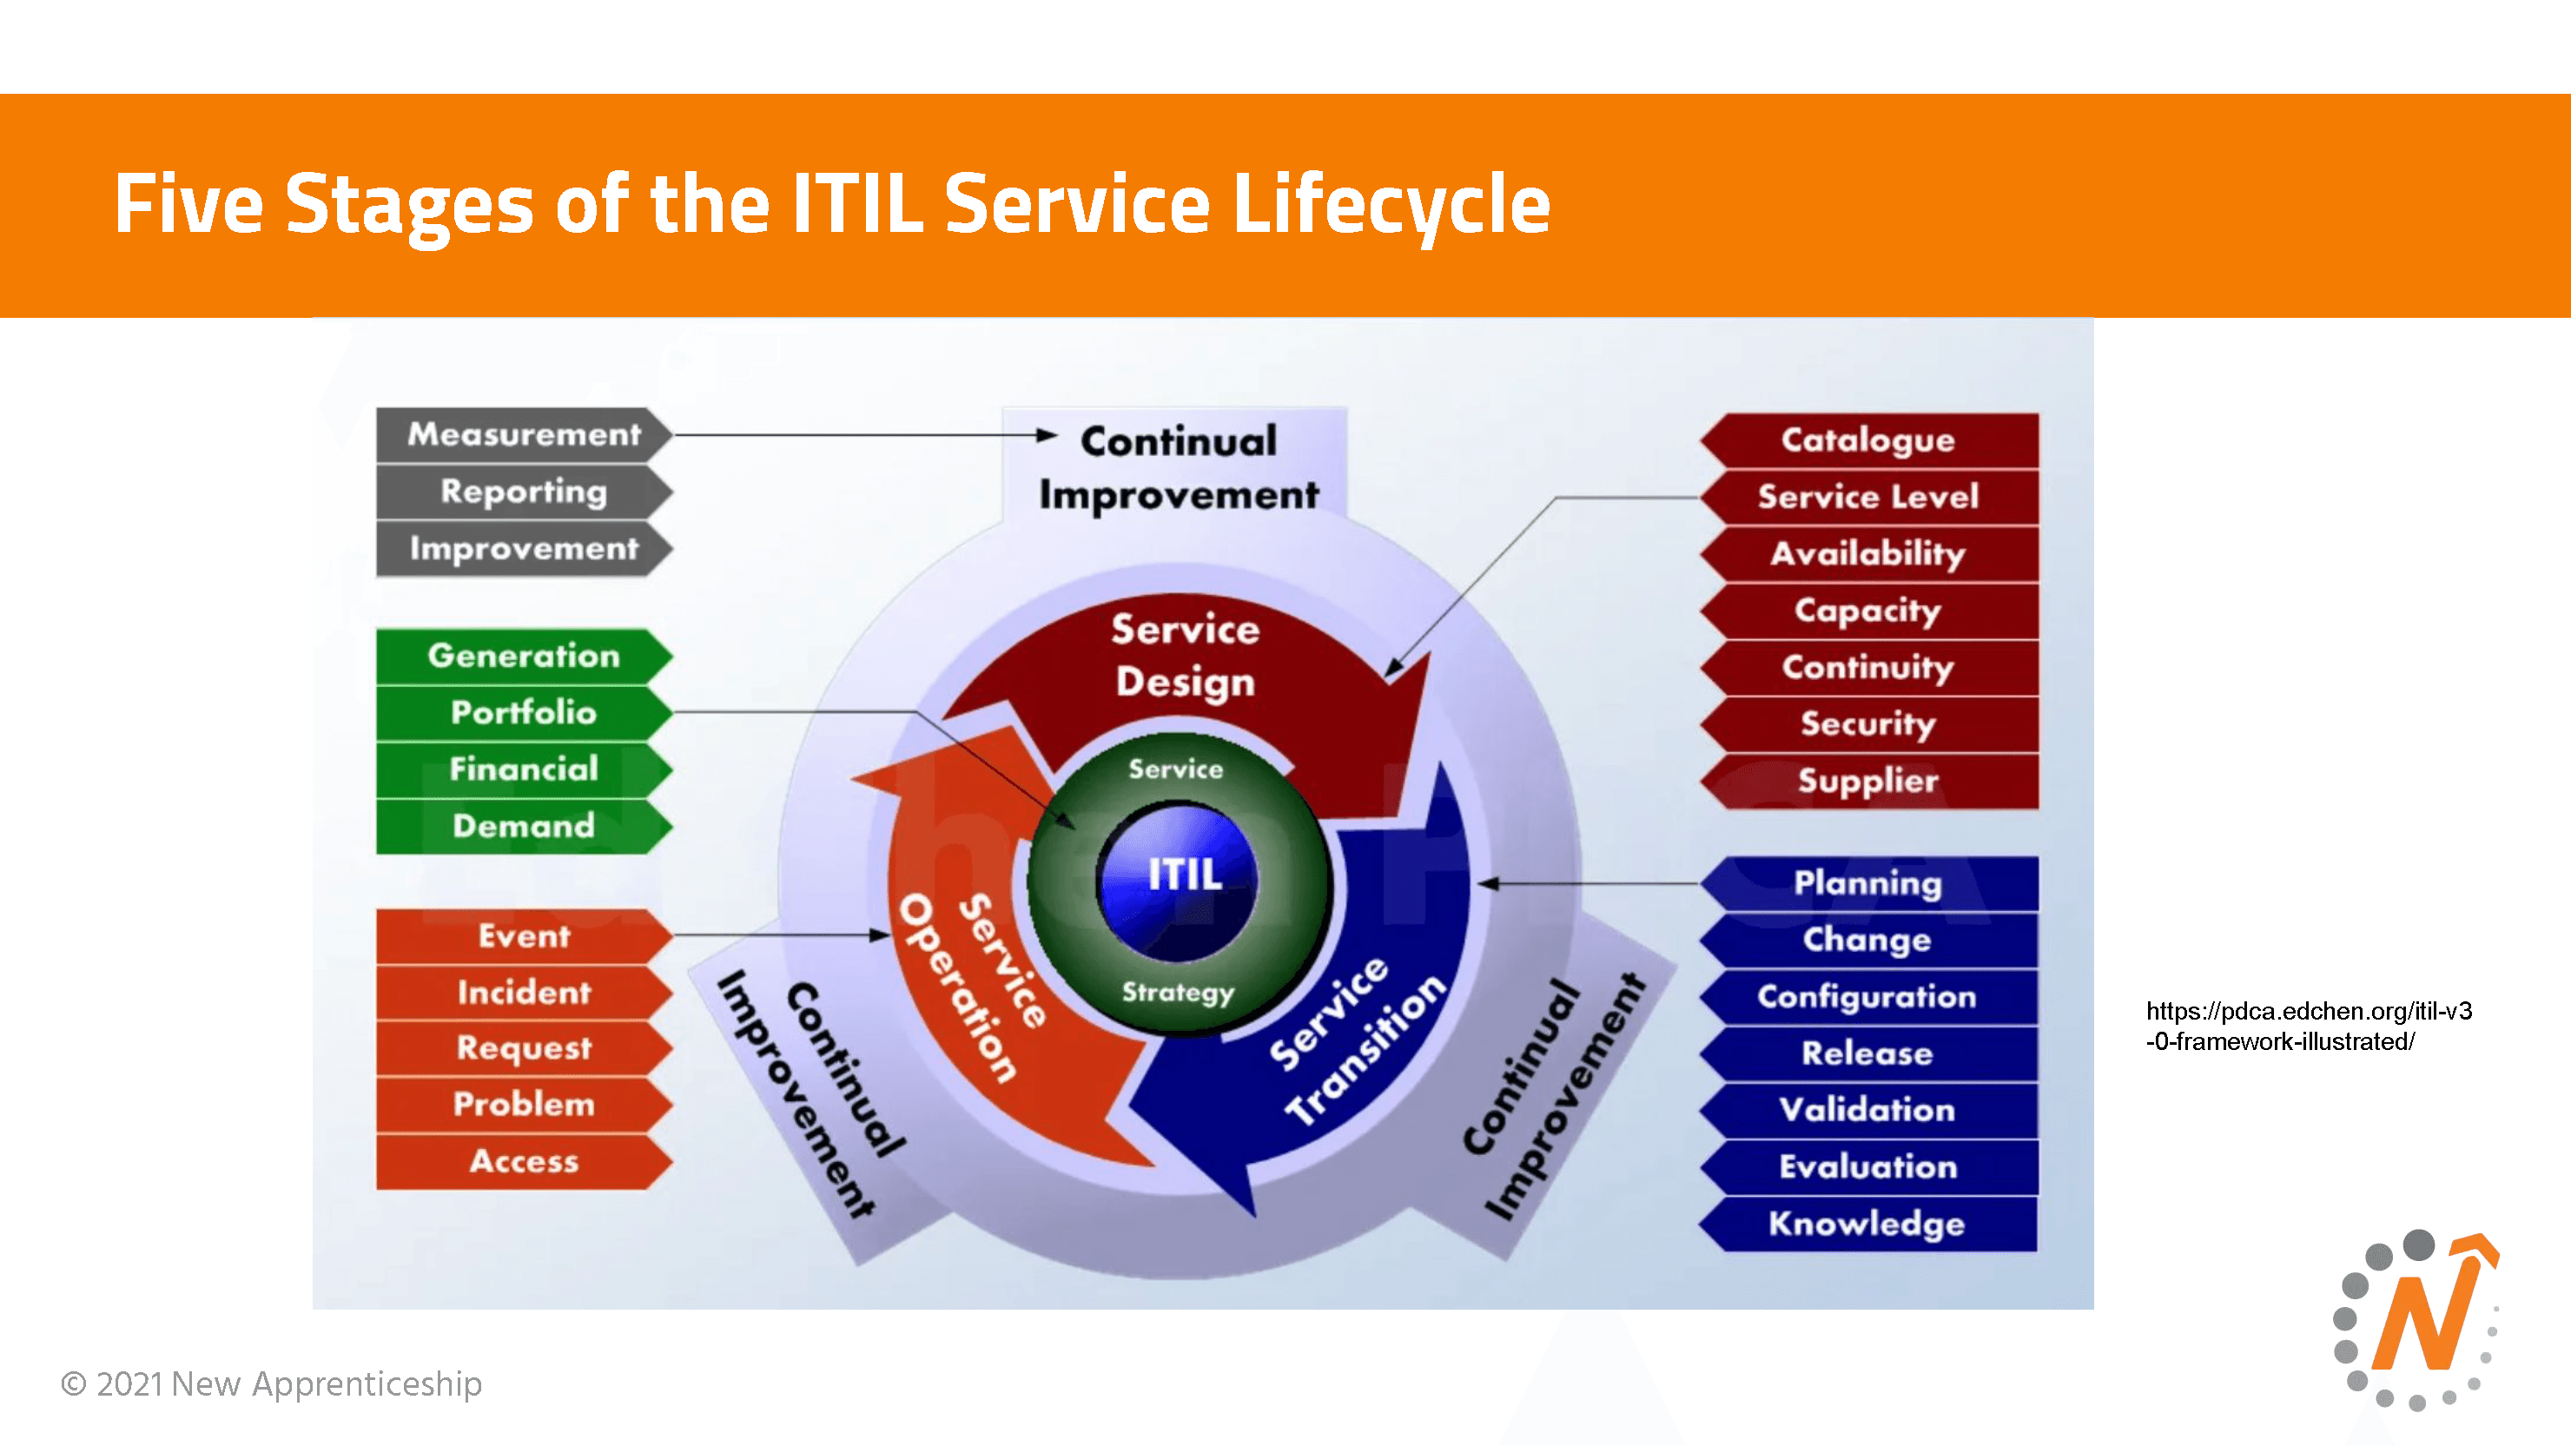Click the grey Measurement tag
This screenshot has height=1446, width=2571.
tap(523, 434)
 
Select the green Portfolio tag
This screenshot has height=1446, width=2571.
tap(523, 712)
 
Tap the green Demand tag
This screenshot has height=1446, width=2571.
tap(523, 825)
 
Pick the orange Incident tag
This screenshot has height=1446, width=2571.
tap(523, 992)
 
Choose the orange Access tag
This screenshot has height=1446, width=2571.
tap(523, 1160)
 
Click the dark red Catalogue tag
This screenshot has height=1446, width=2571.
tap(1867, 440)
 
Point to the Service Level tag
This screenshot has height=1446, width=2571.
tap(1867, 497)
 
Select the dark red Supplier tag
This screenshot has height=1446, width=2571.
tap(1867, 781)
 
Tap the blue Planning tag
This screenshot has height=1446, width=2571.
tap(1867, 883)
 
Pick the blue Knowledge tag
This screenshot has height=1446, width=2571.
tap(1867, 1224)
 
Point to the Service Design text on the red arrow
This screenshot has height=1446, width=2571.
tap(1185, 656)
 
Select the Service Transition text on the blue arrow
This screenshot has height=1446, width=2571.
tap(1358, 1040)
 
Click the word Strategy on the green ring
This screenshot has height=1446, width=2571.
tap(1178, 992)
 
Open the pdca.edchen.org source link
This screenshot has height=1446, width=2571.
tap(2308, 1026)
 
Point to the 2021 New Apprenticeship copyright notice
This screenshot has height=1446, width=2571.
tap(272, 1384)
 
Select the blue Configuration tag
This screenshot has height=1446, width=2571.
tap(1867, 997)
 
